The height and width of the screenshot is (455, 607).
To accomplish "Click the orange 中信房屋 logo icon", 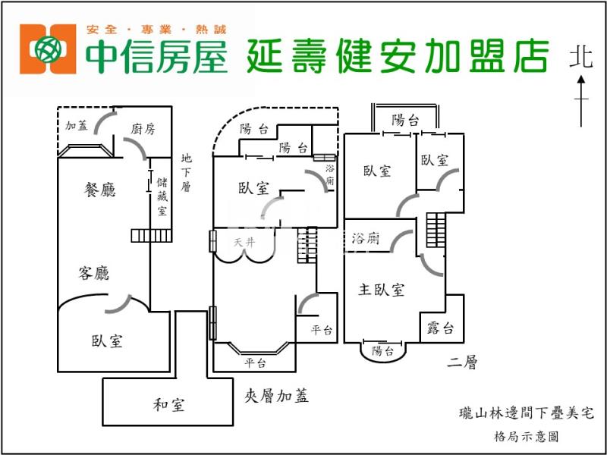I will point(50,50).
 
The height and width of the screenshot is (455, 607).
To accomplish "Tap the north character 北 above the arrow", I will point(582,57).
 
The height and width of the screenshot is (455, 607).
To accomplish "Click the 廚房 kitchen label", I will point(143,129).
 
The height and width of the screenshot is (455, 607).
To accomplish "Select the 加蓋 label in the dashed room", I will point(77,126).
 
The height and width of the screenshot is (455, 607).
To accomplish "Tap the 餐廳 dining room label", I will point(99,190).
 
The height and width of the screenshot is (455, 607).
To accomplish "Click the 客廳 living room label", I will point(94,273).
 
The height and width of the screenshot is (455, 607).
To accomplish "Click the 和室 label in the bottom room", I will point(168,405).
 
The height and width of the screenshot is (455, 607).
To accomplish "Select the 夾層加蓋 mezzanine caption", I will point(277,395).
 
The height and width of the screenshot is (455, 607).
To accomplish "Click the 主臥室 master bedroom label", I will point(382,290).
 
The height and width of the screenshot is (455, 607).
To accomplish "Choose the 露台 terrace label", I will point(441,328).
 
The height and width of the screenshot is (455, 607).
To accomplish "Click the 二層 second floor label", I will point(462,363).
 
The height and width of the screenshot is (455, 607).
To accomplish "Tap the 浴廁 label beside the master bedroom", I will point(366,238).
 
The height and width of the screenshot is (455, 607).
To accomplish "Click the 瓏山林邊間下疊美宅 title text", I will point(526,413).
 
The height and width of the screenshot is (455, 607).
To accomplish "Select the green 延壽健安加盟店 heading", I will point(398,54).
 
